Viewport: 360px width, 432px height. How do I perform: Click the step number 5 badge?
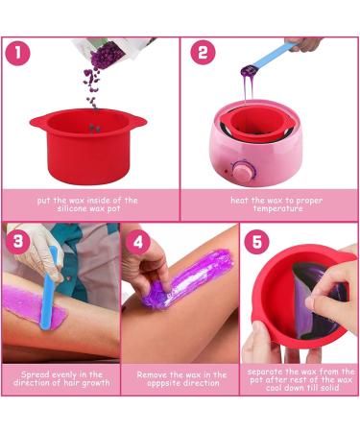click(256, 242)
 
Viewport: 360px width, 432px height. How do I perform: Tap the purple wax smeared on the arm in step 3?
click(34, 312)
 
